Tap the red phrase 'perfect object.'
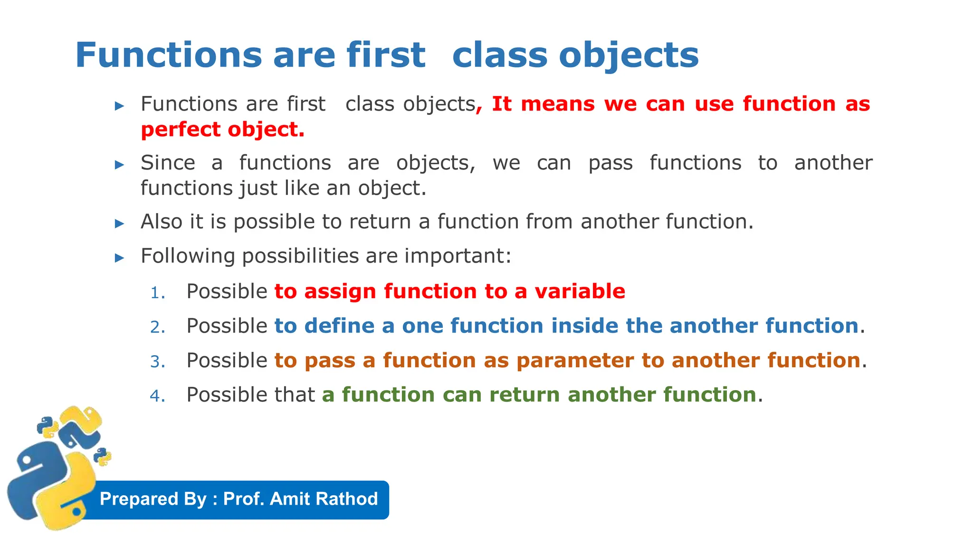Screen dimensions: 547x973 [222, 130]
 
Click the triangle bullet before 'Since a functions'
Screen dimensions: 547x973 [120, 165]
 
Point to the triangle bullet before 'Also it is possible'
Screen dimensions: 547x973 [120, 223]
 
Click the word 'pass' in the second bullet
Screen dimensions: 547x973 [610, 163]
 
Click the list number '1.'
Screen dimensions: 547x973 [157, 293]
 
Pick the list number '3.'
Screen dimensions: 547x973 [157, 362]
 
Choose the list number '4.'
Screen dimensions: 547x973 [157, 396]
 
